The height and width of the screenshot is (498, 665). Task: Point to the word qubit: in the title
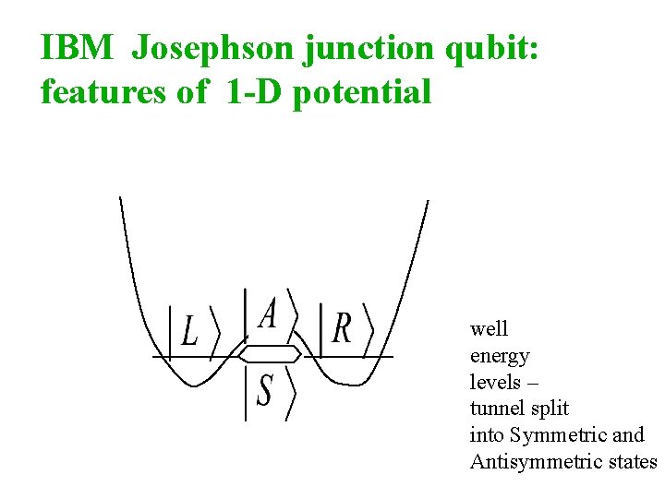[x=490, y=50]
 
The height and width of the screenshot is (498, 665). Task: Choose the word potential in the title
[x=362, y=93]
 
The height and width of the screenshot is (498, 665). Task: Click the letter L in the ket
[x=189, y=330]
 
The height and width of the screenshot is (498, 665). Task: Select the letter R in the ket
[x=342, y=327]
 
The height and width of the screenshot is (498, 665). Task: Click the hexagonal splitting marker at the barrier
[x=270, y=354]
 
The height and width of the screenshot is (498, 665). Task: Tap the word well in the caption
[x=489, y=329]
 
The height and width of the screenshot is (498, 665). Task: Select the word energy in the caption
[x=500, y=357]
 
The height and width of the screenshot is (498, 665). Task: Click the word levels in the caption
[x=493, y=382]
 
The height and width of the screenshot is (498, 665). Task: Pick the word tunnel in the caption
[x=495, y=409]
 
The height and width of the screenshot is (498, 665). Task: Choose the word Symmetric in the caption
[x=550, y=435]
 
